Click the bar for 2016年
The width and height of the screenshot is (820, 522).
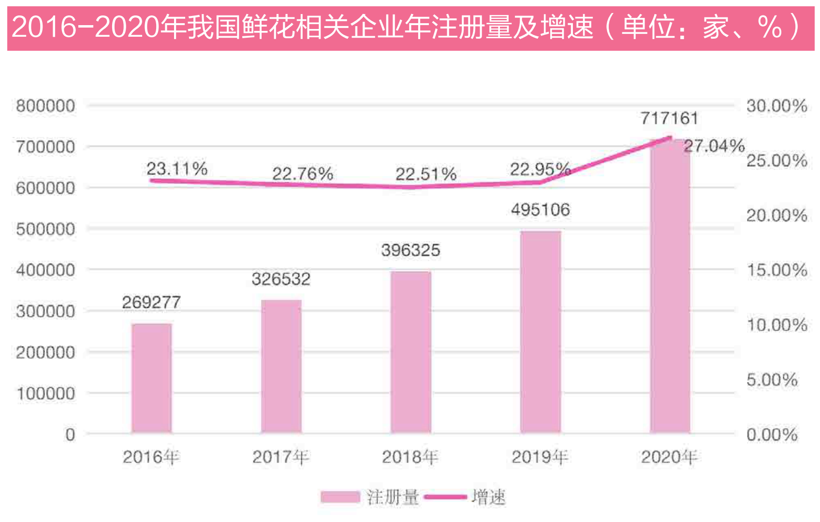[x=151, y=378]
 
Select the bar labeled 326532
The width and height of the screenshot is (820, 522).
[x=281, y=366]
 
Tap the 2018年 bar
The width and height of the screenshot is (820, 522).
[x=411, y=352]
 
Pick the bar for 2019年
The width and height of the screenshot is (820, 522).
[x=541, y=332]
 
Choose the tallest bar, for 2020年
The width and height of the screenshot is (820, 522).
[x=670, y=286]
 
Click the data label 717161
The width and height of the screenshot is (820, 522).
[x=670, y=118]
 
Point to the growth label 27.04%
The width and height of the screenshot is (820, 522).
[x=714, y=146]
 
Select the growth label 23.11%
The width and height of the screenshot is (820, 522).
[x=177, y=169]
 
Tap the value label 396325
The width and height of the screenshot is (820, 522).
[x=411, y=250]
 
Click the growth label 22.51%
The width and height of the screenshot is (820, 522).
[x=426, y=174]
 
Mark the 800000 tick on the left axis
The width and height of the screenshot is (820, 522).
[x=46, y=106]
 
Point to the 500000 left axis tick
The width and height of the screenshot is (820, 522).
[x=46, y=229]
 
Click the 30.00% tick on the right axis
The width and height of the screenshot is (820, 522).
[x=777, y=106]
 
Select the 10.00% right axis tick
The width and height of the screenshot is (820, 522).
[x=777, y=325]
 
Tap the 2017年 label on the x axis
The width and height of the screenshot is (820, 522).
[x=281, y=457]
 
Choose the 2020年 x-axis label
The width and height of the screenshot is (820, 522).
[x=670, y=457]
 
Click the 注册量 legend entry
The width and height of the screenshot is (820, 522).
[x=370, y=497]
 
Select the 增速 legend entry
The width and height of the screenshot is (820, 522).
[x=465, y=497]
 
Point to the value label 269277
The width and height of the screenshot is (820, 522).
[x=151, y=303]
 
